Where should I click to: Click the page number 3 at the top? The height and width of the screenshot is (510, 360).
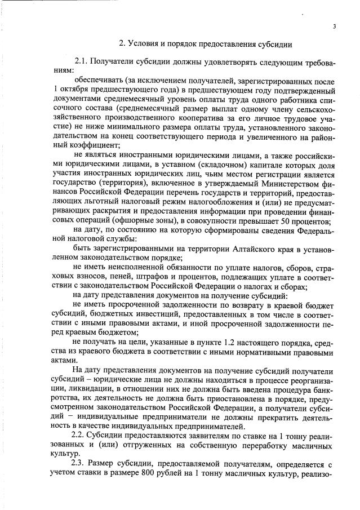tap(334, 26)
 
